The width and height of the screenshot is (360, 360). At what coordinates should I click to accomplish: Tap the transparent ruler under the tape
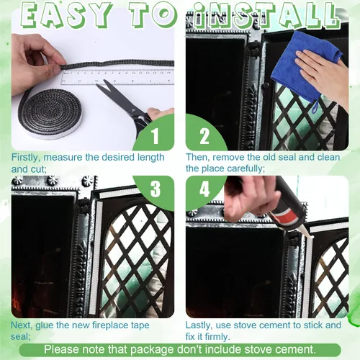[117, 77]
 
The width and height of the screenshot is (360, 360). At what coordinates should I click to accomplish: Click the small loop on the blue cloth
[315, 107]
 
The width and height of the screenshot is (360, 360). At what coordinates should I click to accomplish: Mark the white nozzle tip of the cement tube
[308, 236]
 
